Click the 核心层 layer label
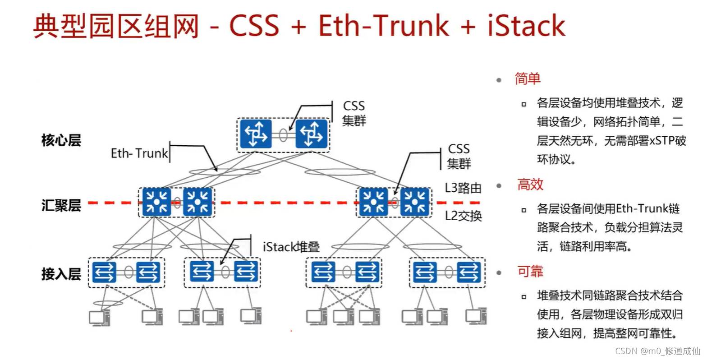[x=61, y=140]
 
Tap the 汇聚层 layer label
[x=61, y=206]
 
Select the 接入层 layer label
[x=61, y=273]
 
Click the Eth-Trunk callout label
[x=139, y=153]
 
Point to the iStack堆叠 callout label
[x=291, y=247]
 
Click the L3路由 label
[x=463, y=188]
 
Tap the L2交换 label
[x=463, y=216]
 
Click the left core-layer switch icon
[x=256, y=134]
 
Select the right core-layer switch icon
[x=311, y=134]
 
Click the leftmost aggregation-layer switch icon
[x=156, y=202]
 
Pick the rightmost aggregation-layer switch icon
[x=415, y=202]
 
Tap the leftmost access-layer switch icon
[x=104, y=272]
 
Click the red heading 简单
[x=528, y=79]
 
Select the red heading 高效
[x=530, y=185]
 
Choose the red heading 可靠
[x=530, y=271]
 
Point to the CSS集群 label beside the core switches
[x=354, y=113]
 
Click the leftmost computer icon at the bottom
[x=99, y=318]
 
